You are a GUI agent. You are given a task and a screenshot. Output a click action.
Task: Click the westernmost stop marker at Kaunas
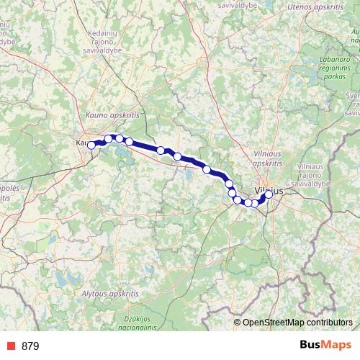coord(91,145)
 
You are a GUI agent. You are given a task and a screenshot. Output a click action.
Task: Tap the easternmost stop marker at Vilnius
coord(269,194)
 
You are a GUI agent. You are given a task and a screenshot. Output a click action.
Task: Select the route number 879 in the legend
coord(30,346)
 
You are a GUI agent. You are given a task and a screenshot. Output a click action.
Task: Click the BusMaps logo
coord(326,346)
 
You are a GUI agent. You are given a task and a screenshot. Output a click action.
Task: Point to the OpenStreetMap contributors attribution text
coord(297,322)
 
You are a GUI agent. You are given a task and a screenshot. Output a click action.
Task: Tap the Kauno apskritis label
coord(111,114)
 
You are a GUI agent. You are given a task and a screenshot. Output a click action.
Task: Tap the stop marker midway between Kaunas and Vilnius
coord(177,156)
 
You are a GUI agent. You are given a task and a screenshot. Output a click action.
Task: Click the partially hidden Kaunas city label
coord(81,143)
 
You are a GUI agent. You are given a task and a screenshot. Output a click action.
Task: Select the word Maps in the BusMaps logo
coord(336,346)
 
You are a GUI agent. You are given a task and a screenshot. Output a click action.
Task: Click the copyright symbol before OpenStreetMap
coord(237,322)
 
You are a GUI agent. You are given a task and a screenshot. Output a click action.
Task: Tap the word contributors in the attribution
coord(328,322)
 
